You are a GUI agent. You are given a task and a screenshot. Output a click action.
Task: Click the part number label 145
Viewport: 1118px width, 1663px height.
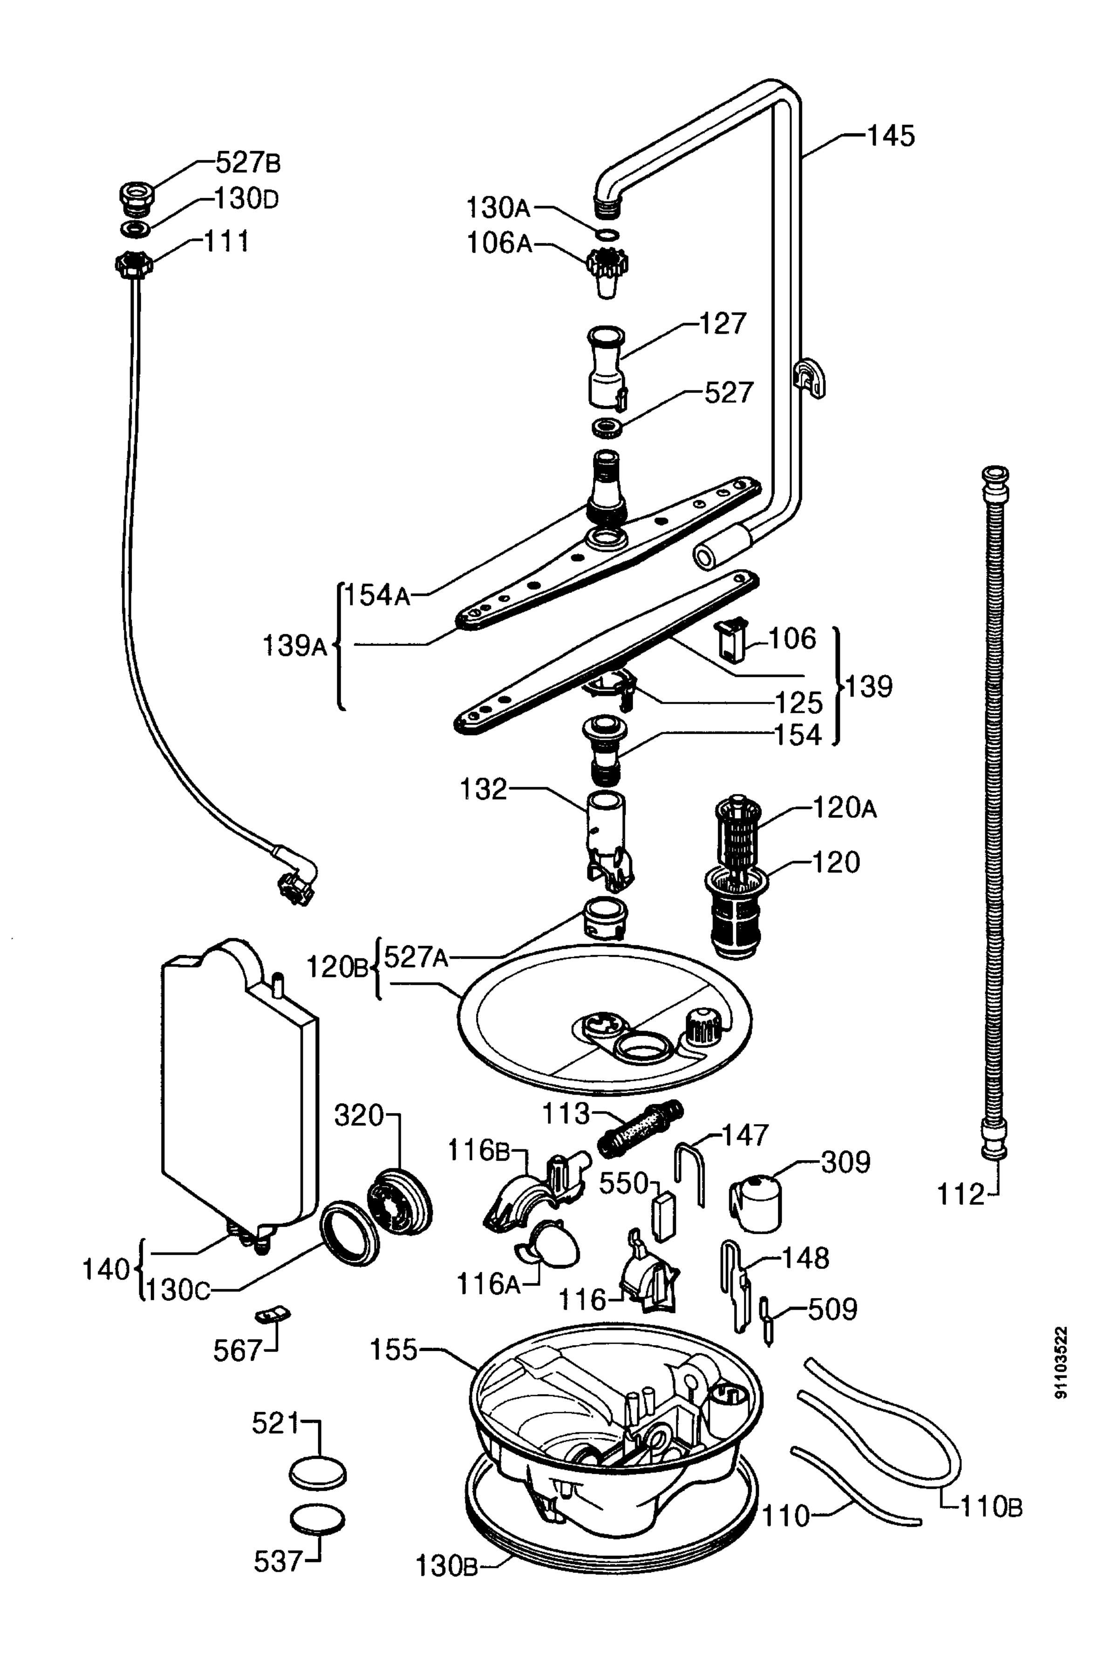[x=890, y=136]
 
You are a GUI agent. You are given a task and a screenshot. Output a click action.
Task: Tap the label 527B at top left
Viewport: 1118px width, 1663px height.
[x=248, y=164]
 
